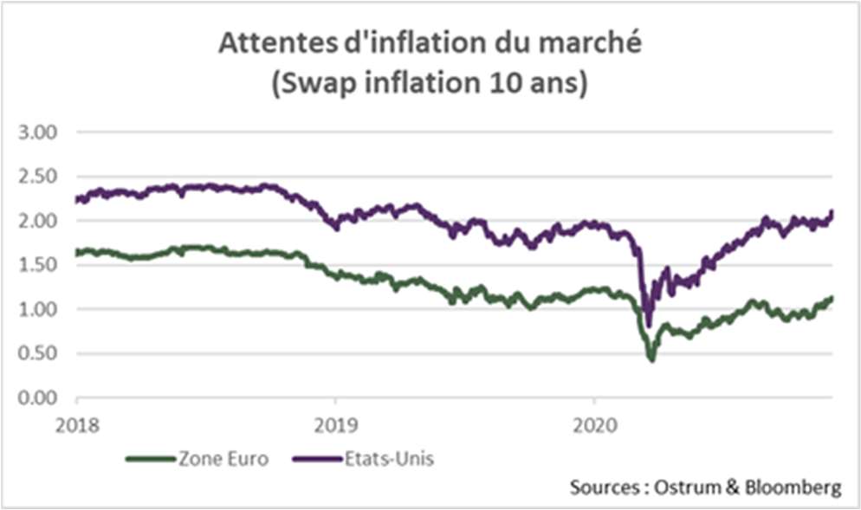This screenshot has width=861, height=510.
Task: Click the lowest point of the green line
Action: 651,358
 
